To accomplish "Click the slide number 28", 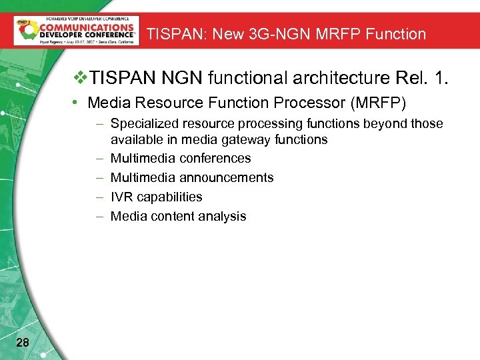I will pos(22,343).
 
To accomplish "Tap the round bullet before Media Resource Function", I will pos(78,103).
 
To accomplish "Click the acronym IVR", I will pos(121,197).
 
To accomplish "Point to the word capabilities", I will pos(169,197).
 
